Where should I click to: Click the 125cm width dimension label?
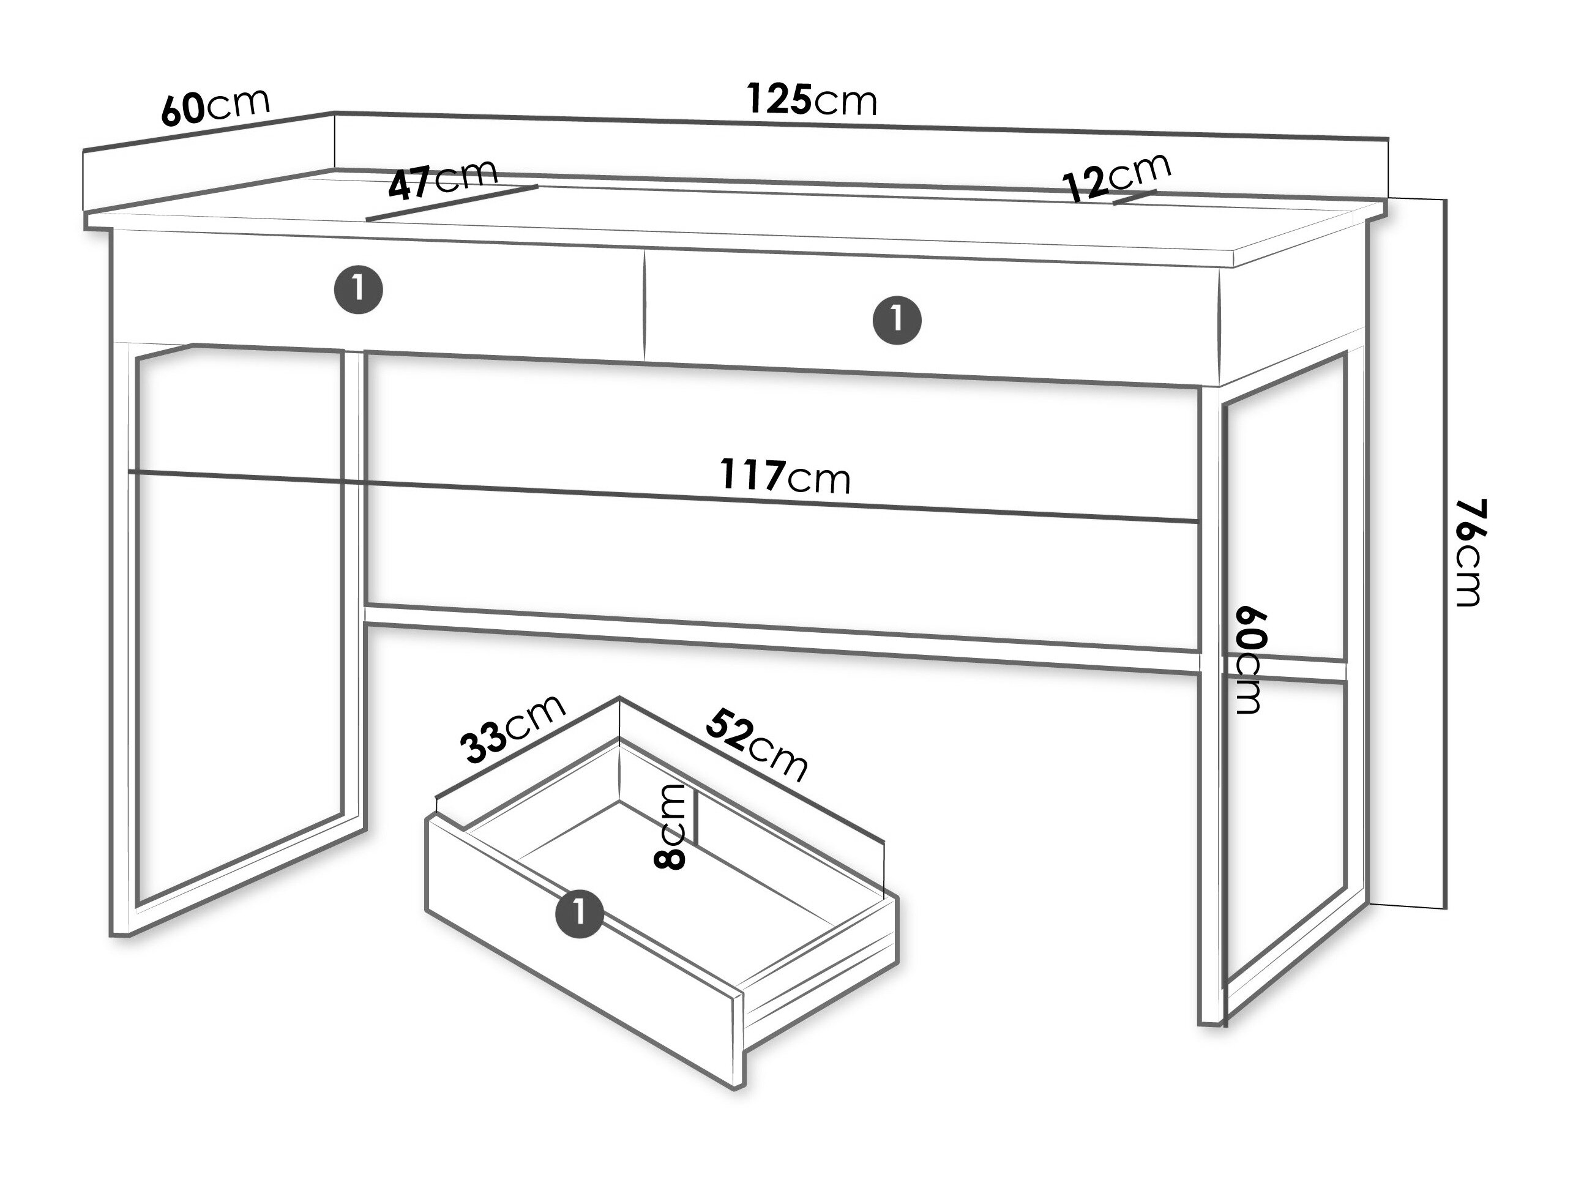tap(812, 100)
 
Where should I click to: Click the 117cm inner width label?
tap(785, 476)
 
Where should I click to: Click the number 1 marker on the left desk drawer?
tap(359, 290)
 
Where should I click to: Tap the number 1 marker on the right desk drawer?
tap(897, 319)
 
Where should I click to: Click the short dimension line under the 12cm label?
tap(1135, 198)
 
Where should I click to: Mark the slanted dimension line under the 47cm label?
tap(452, 203)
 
